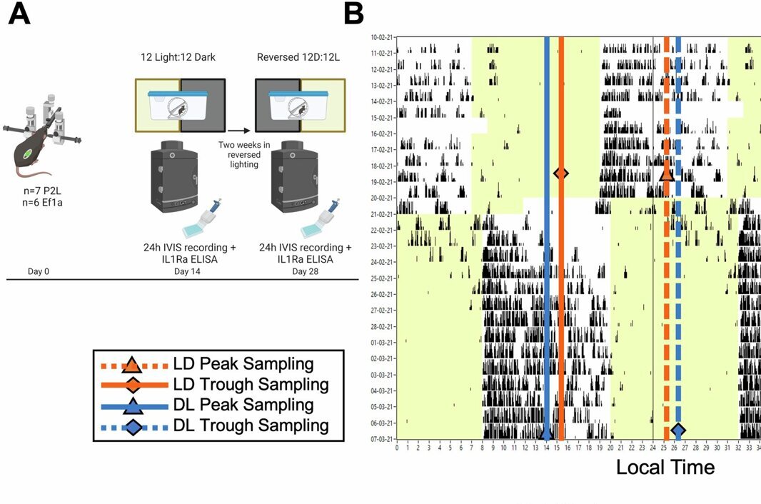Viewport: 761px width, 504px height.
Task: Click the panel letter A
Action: pos(19,14)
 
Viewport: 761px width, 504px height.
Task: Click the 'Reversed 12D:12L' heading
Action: pos(300,56)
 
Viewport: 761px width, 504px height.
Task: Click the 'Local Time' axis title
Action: pos(665,468)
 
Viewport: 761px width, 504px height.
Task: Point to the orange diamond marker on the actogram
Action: pos(561,173)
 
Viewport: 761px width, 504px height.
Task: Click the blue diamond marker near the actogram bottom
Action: pos(677,430)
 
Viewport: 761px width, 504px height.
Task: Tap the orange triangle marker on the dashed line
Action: pos(666,173)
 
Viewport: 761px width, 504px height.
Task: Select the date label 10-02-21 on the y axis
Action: pos(382,36)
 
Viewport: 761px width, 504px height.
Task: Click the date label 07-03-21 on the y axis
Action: pos(382,439)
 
